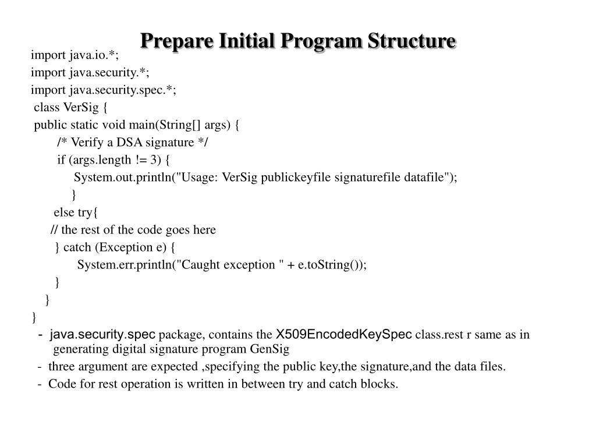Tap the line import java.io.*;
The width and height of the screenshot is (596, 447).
pos(75,55)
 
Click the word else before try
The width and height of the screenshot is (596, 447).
pos(65,212)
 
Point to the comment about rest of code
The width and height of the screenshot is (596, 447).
pos(133,230)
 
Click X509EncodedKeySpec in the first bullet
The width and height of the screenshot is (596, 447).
pos(344,335)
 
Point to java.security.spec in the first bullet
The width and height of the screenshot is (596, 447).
pos(102,335)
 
